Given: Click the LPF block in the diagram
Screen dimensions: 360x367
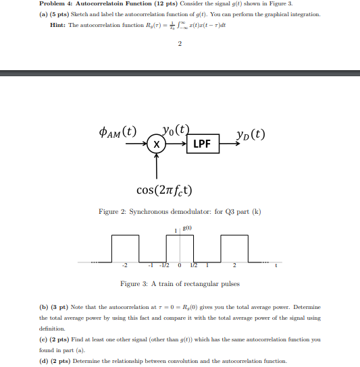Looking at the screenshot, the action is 204,144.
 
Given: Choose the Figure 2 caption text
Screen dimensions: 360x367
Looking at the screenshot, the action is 180,212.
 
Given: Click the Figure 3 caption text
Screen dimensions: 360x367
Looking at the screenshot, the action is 180,284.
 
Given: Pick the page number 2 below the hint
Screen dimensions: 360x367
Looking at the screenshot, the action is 180,45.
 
